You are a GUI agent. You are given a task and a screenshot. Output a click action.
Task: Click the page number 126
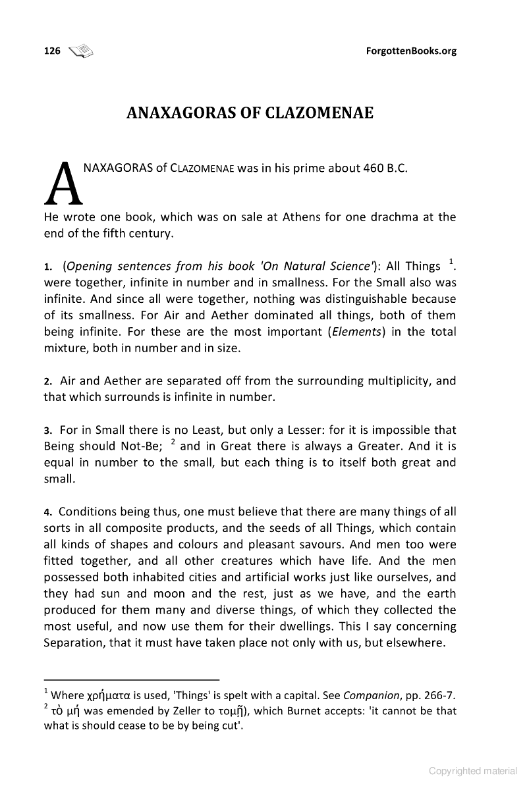(52, 51)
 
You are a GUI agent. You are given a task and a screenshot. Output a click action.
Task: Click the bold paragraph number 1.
(48, 267)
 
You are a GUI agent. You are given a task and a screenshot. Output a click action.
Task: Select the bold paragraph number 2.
(47, 382)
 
